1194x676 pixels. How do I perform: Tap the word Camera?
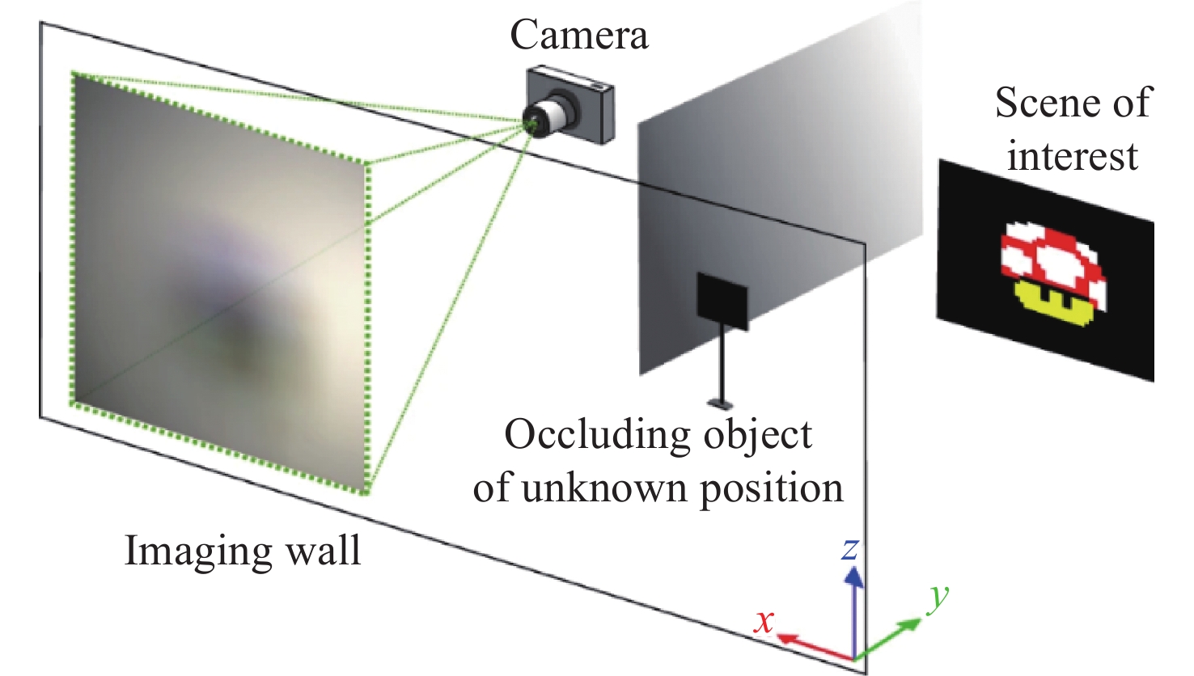click(x=578, y=36)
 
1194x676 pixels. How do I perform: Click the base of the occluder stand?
click(x=720, y=402)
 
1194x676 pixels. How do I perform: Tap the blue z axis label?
click(x=849, y=549)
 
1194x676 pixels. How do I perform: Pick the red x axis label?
click(x=764, y=621)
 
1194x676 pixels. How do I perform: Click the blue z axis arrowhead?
click(x=853, y=577)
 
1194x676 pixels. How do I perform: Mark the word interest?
click(x=1072, y=155)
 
